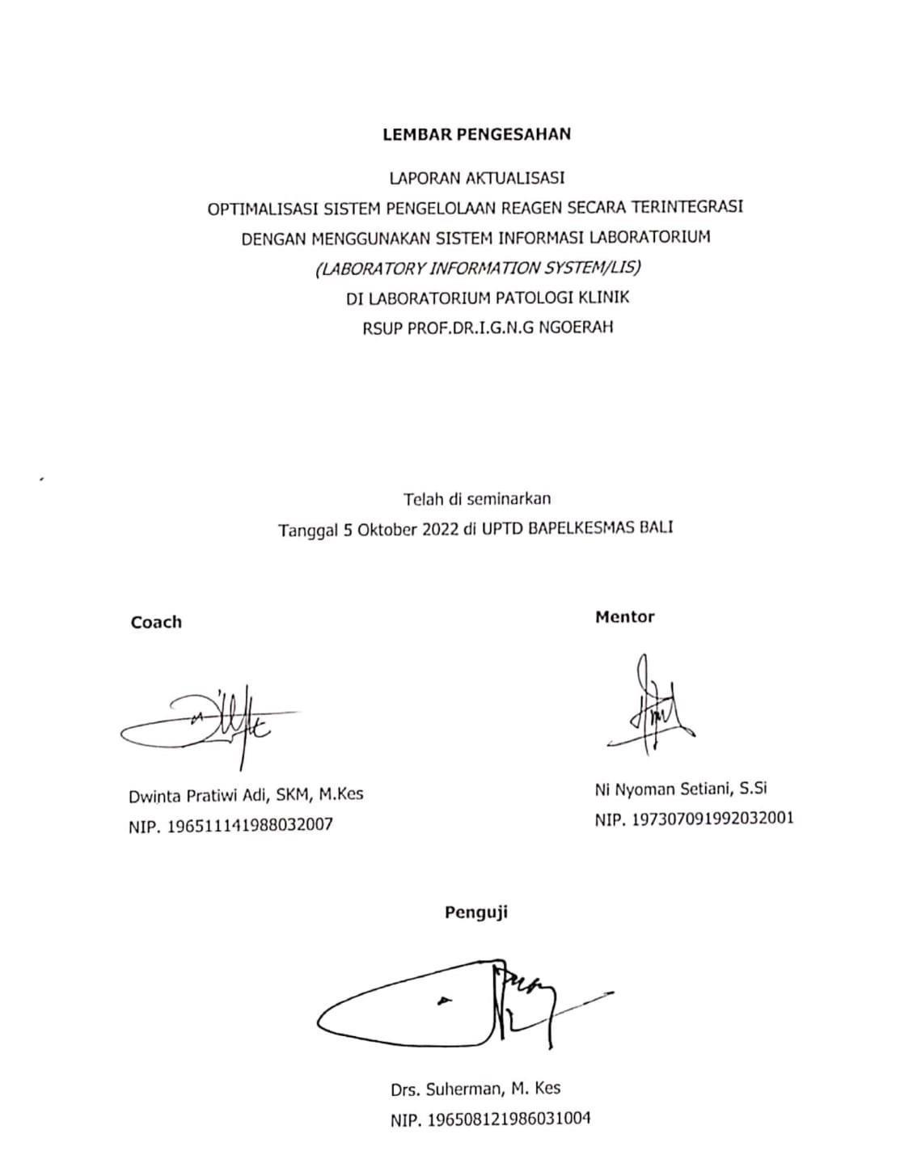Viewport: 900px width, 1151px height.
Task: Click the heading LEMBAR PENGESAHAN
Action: [x=476, y=134]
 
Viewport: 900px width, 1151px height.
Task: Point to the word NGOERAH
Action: [x=577, y=328]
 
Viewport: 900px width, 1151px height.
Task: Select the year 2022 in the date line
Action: [x=441, y=530]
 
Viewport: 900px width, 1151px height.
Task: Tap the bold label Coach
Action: [x=156, y=622]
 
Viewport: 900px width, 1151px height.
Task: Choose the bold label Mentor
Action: [x=624, y=617]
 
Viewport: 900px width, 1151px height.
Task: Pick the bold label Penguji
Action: [x=476, y=912]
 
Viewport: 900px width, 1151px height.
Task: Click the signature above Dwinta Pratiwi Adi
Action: [x=210, y=721]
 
